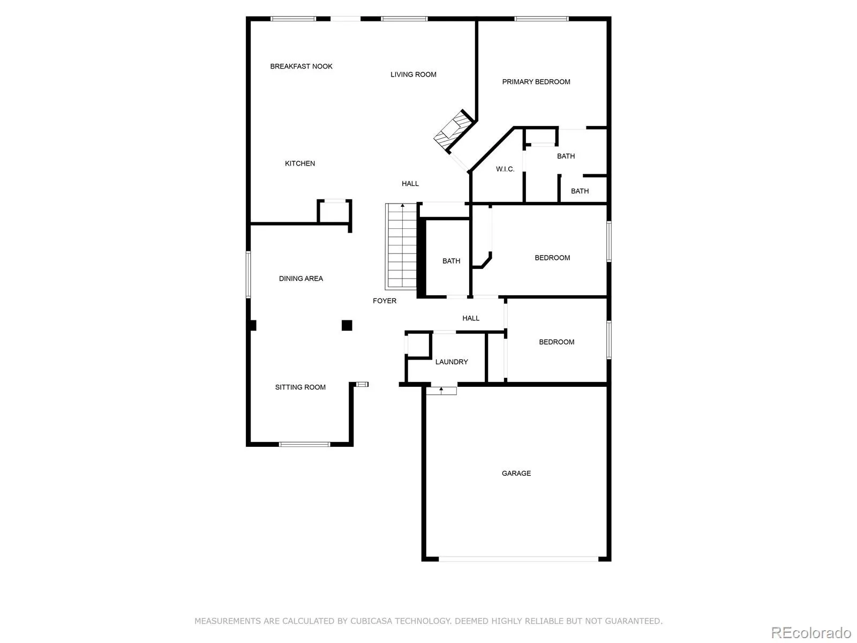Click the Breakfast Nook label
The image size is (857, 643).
pyautogui.click(x=301, y=66)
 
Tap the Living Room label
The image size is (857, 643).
pyautogui.click(x=413, y=74)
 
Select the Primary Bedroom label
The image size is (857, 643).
pyautogui.click(x=536, y=82)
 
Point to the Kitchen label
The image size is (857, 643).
pyautogui.click(x=299, y=163)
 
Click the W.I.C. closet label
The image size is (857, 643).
pyautogui.click(x=505, y=169)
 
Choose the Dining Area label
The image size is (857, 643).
pyautogui.click(x=300, y=279)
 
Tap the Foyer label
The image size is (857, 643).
pyautogui.click(x=385, y=301)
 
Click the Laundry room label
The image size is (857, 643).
pyautogui.click(x=451, y=362)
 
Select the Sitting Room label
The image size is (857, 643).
pyautogui.click(x=300, y=387)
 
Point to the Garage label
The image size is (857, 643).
pyautogui.click(x=516, y=474)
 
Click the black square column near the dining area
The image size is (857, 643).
pyautogui.click(x=347, y=325)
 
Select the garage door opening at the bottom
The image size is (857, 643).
pyautogui.click(x=518, y=559)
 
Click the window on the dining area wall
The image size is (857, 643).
pyautogui.click(x=248, y=274)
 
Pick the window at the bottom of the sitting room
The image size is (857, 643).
pyautogui.click(x=304, y=444)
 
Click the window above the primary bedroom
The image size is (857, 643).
pyautogui.click(x=541, y=19)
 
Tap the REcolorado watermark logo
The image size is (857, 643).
pyautogui.click(x=811, y=633)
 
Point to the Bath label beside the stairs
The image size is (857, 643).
pyautogui.click(x=451, y=261)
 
